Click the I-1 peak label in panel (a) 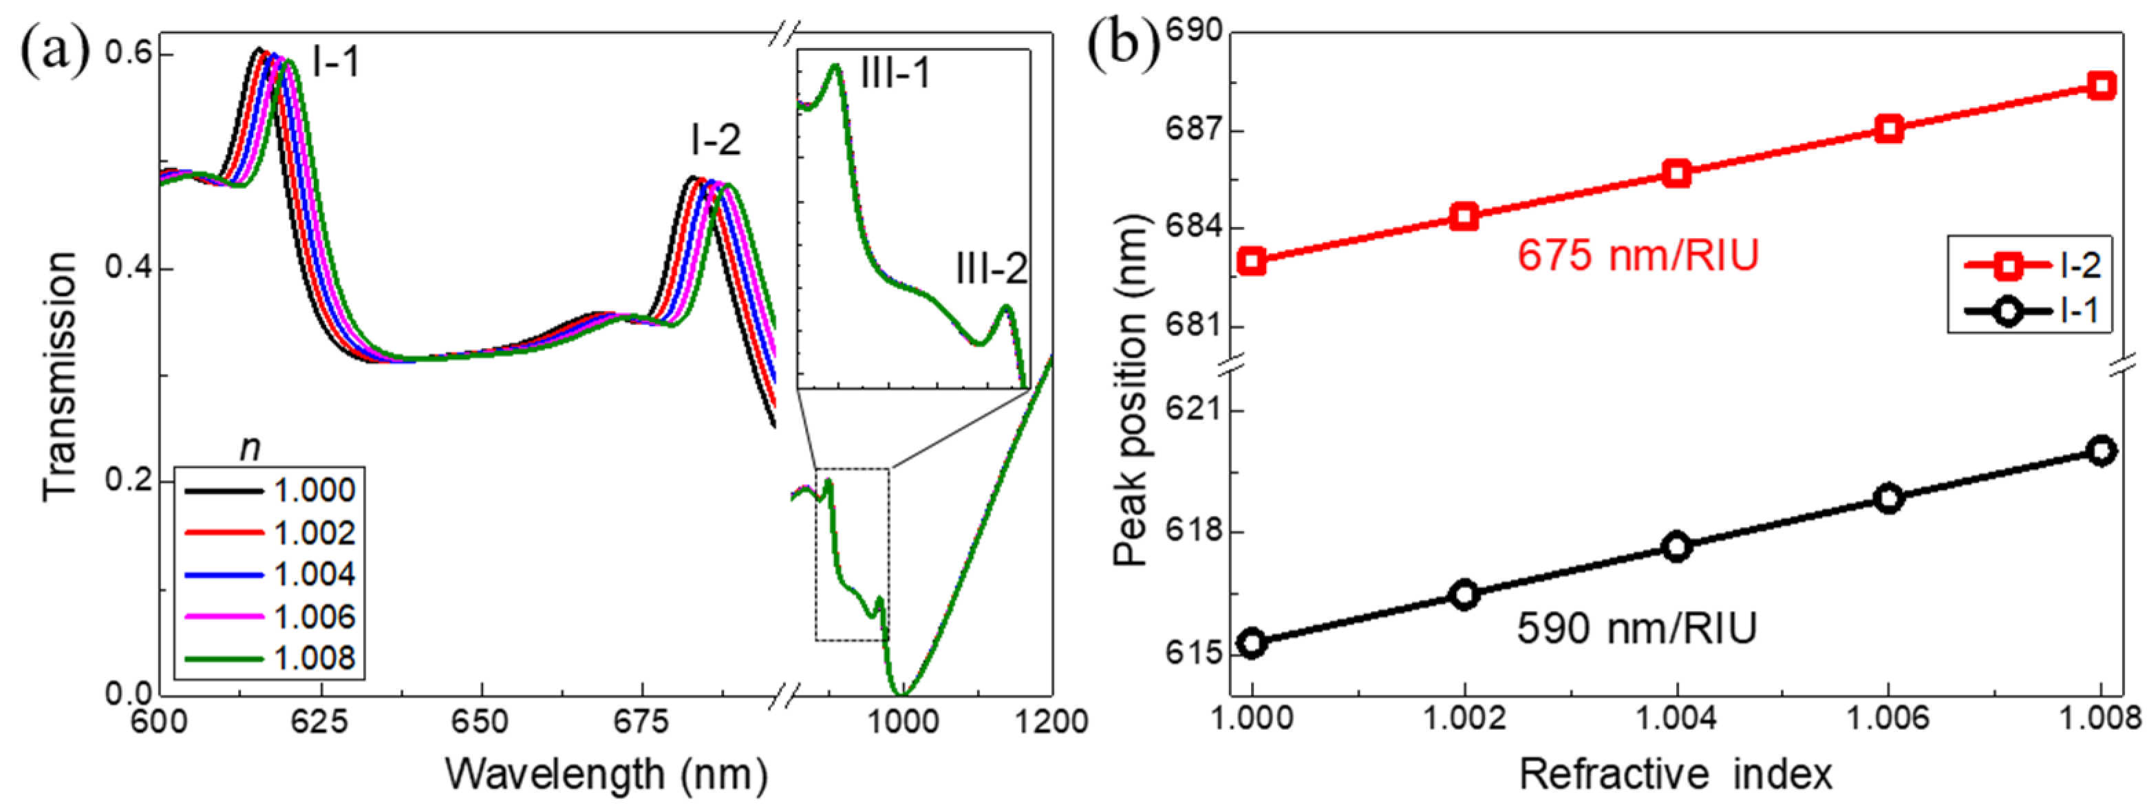coord(336,62)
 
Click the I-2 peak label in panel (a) coord(715,140)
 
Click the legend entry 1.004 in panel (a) coord(314,574)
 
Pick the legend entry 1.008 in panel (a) coord(314,658)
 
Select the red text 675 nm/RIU coord(1637,255)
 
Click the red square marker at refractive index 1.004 coord(1677,173)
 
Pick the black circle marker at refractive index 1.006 coord(1889,498)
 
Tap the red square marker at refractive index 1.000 coord(1252,261)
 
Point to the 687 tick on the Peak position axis coord(1198,131)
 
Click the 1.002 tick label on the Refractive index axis coord(1464,718)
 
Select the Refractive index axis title coord(1675,774)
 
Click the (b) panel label coord(1124,43)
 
